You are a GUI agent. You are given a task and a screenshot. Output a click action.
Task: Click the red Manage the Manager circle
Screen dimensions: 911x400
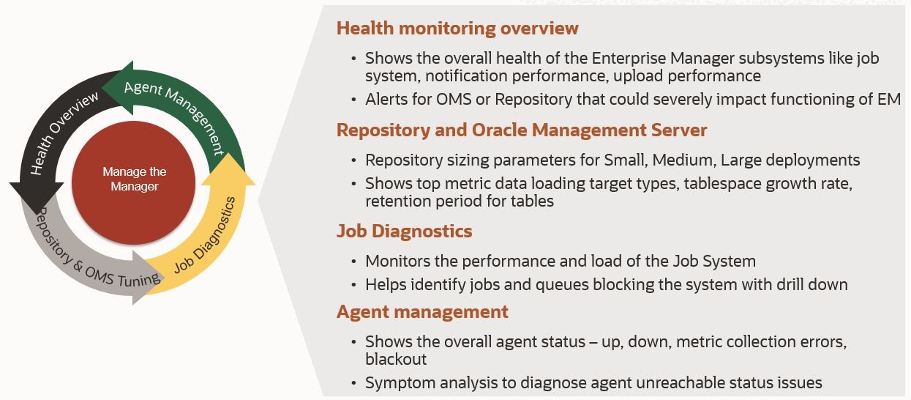pyautogui.click(x=133, y=183)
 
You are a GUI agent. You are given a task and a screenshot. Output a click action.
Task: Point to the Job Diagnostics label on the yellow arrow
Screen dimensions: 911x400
pyautogui.click(x=205, y=235)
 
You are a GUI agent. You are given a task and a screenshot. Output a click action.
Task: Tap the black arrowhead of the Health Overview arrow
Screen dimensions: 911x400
pyautogui.click(x=37, y=199)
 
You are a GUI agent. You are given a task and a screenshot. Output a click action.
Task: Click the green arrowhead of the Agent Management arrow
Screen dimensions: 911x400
pyautogui.click(x=118, y=88)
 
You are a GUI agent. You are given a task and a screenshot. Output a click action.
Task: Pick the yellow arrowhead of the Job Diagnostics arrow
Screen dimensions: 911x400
pyautogui.click(x=228, y=169)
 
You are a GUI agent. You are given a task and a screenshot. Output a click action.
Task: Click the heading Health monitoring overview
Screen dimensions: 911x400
pyautogui.click(x=457, y=29)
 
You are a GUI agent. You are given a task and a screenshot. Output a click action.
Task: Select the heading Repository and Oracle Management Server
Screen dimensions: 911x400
pyautogui.click(x=522, y=130)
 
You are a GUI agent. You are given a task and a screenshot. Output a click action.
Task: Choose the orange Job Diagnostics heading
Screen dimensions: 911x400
pyautogui.click(x=404, y=231)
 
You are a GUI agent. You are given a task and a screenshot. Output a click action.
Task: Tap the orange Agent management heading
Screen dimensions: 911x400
pyautogui.click(x=422, y=312)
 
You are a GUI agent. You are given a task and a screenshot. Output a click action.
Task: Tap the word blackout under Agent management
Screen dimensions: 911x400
pyautogui.click(x=396, y=359)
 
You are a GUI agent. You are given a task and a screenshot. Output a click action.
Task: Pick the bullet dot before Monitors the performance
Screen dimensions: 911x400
pyautogui.click(x=354, y=262)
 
